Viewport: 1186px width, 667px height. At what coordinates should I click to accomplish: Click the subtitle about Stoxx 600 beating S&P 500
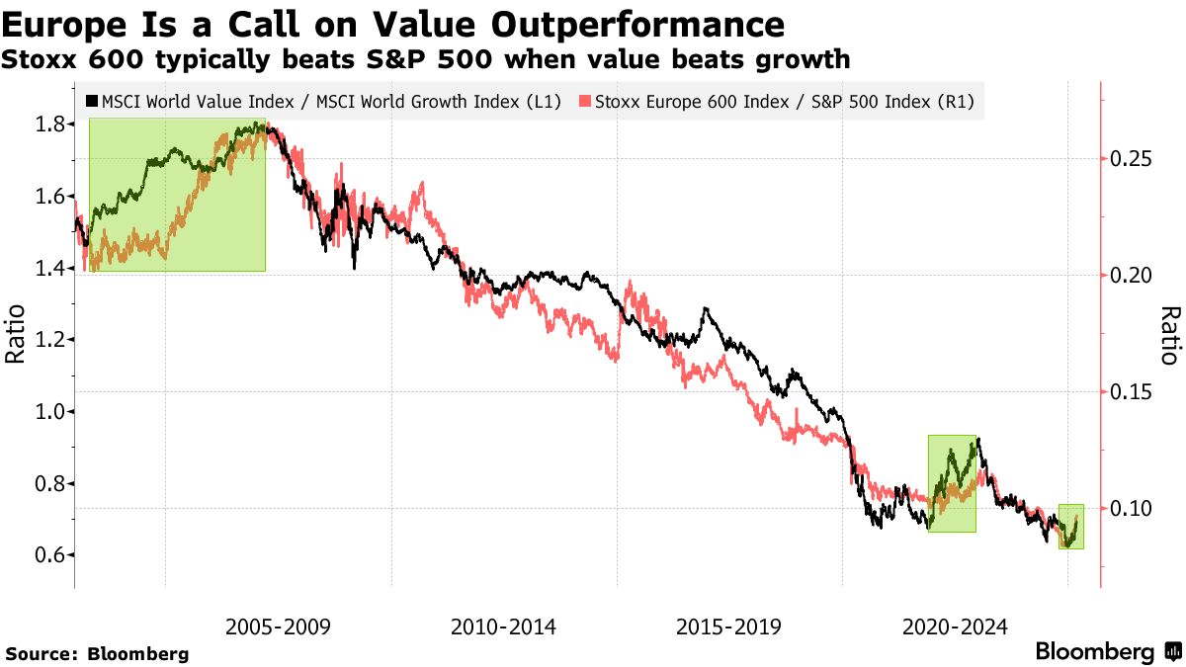point(425,59)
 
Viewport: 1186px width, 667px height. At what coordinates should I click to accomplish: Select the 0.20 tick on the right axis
point(1132,276)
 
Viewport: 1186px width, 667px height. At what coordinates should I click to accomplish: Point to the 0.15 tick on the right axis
point(1132,392)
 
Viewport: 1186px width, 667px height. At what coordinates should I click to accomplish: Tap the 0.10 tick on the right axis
point(1132,509)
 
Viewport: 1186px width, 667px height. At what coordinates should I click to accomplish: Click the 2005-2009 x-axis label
point(278,626)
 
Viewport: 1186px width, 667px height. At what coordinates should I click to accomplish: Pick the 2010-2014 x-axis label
point(503,626)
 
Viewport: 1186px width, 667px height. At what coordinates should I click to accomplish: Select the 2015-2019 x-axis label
point(729,626)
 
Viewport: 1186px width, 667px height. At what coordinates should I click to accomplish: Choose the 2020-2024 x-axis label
point(955,626)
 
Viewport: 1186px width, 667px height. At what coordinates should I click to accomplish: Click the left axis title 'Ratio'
point(16,336)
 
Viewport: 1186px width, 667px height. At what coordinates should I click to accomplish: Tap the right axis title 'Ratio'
point(1170,336)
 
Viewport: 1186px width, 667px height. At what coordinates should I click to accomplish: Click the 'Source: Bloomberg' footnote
point(97,653)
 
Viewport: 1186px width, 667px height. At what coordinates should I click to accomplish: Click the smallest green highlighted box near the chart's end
point(1071,527)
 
